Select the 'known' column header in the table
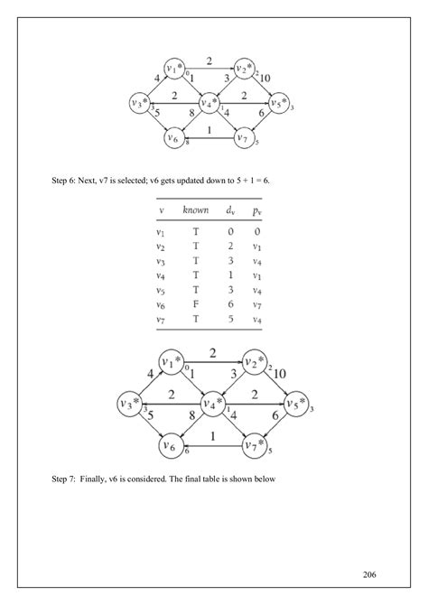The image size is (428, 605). [x=195, y=211]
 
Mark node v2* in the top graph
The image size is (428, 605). [x=243, y=69]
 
